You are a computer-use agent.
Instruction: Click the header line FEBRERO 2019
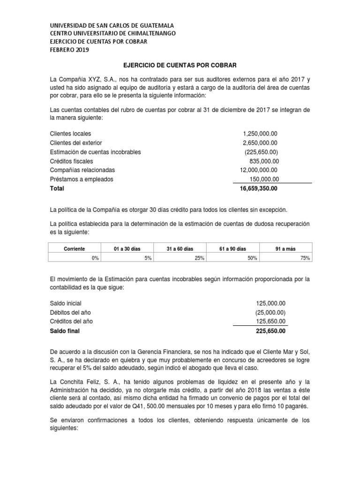pyautogui.click(x=68, y=50)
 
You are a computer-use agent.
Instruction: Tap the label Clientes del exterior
pyautogui.click(x=76, y=142)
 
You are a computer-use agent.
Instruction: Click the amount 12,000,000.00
pyautogui.click(x=258, y=170)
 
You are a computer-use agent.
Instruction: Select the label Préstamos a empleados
pyautogui.click(x=82, y=179)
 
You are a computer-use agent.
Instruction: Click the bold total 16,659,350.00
pyautogui.click(x=258, y=188)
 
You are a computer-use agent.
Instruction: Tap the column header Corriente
pyautogui.click(x=75, y=249)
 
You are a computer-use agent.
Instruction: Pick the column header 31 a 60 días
pyautogui.click(x=180, y=249)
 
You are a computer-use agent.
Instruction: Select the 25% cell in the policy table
pyautogui.click(x=200, y=257)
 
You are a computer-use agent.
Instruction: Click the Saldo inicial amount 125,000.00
pyautogui.click(x=270, y=303)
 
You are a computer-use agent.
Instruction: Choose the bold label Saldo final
pyautogui.click(x=65, y=330)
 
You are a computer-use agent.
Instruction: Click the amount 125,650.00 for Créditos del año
pyautogui.click(x=270, y=321)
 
